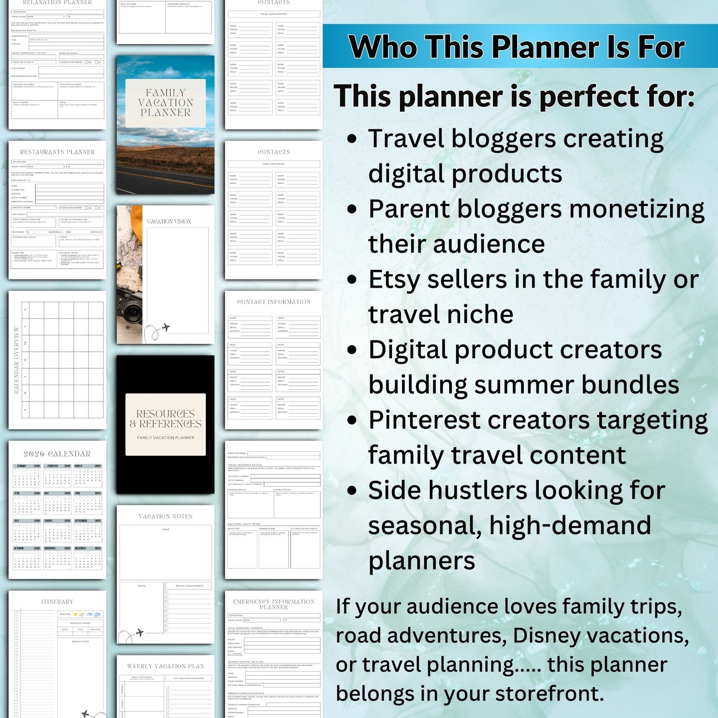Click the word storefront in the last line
point(549,694)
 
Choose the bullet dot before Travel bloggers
point(352,139)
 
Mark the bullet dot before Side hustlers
point(352,491)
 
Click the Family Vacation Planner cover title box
point(165,103)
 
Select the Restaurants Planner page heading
point(57,152)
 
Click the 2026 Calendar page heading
point(57,454)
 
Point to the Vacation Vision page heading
point(169,222)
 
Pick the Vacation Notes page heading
point(165,516)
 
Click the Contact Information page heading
point(274,302)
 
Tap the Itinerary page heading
point(57,602)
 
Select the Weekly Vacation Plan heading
point(165,666)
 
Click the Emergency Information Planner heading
point(274,604)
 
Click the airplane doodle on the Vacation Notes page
point(140,633)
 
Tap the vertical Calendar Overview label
point(16,360)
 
